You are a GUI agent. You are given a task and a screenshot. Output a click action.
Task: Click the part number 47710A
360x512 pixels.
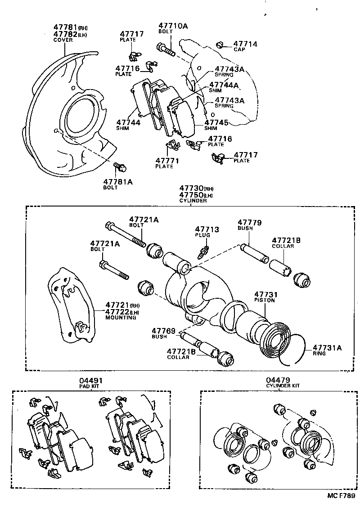173,26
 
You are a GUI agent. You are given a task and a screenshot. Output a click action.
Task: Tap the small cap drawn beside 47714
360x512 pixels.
220,45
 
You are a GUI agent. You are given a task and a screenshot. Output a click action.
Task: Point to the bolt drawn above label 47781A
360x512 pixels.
120,167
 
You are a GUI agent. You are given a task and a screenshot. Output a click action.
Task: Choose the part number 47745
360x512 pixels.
216,122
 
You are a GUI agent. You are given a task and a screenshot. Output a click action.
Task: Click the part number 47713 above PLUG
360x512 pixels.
207,230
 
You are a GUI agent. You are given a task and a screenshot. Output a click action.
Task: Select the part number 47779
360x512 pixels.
250,222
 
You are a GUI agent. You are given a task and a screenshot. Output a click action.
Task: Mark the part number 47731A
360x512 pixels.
328,347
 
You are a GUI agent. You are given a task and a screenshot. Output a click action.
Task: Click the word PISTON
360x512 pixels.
264,300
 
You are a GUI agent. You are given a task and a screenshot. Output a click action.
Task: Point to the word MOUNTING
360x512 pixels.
121,318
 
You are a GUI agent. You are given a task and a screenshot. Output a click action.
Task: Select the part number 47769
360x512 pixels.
163,331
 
